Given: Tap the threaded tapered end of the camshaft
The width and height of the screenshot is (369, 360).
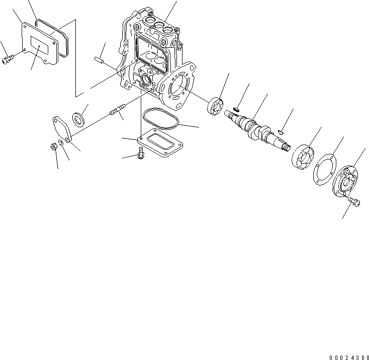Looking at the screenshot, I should click(285, 146).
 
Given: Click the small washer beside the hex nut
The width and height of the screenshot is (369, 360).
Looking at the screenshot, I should click(61, 144).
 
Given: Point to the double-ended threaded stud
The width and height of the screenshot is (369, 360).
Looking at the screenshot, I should click(120, 111).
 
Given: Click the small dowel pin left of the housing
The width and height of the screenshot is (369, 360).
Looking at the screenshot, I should click(100, 59).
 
